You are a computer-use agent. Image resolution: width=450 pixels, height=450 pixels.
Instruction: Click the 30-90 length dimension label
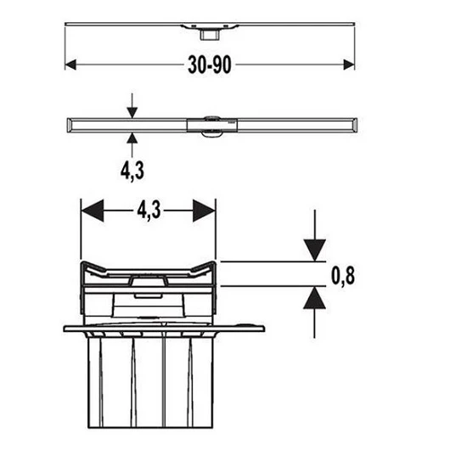click(210, 65)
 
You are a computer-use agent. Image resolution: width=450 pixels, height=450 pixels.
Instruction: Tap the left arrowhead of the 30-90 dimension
click(70, 65)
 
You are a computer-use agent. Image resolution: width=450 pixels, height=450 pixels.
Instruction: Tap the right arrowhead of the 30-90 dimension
click(349, 65)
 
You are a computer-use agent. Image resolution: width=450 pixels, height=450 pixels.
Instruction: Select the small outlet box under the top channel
click(210, 35)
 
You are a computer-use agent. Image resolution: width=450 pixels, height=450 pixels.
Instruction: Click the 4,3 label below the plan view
click(132, 171)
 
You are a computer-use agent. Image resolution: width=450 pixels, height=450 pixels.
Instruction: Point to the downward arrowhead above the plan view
click(132, 112)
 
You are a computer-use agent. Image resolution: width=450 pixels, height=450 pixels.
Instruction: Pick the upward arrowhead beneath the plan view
click(132, 138)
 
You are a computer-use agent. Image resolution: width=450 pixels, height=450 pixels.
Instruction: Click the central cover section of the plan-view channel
click(212, 125)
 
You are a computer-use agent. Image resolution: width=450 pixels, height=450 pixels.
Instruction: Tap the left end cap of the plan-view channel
click(70, 125)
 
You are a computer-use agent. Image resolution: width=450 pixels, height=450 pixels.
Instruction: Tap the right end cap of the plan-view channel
click(355, 125)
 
